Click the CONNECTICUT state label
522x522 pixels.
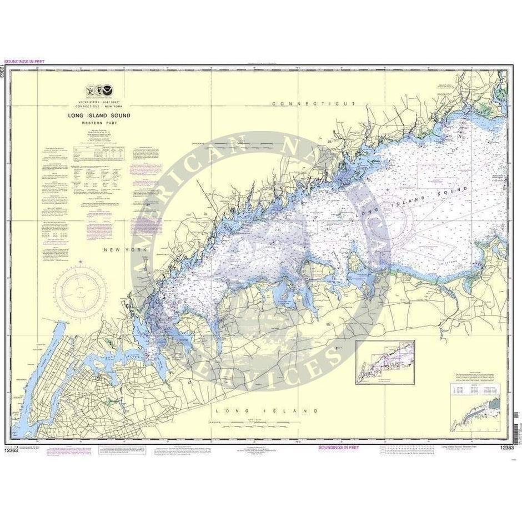click(x=314, y=104)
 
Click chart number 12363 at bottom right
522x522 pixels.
click(x=506, y=448)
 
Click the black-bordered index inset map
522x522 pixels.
click(x=385, y=363)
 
